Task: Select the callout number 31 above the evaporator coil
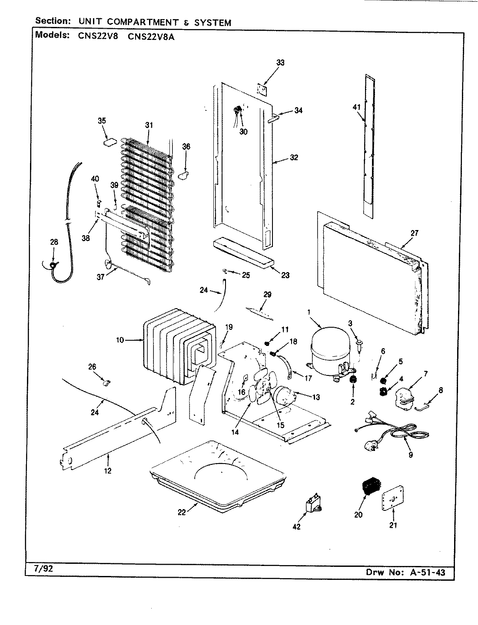[x=149, y=125]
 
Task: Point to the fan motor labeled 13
[x=285, y=395]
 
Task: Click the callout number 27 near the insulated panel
[x=414, y=233]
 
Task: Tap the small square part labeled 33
[x=262, y=89]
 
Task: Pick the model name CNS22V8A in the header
[x=152, y=37]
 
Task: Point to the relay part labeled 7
[x=403, y=397]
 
